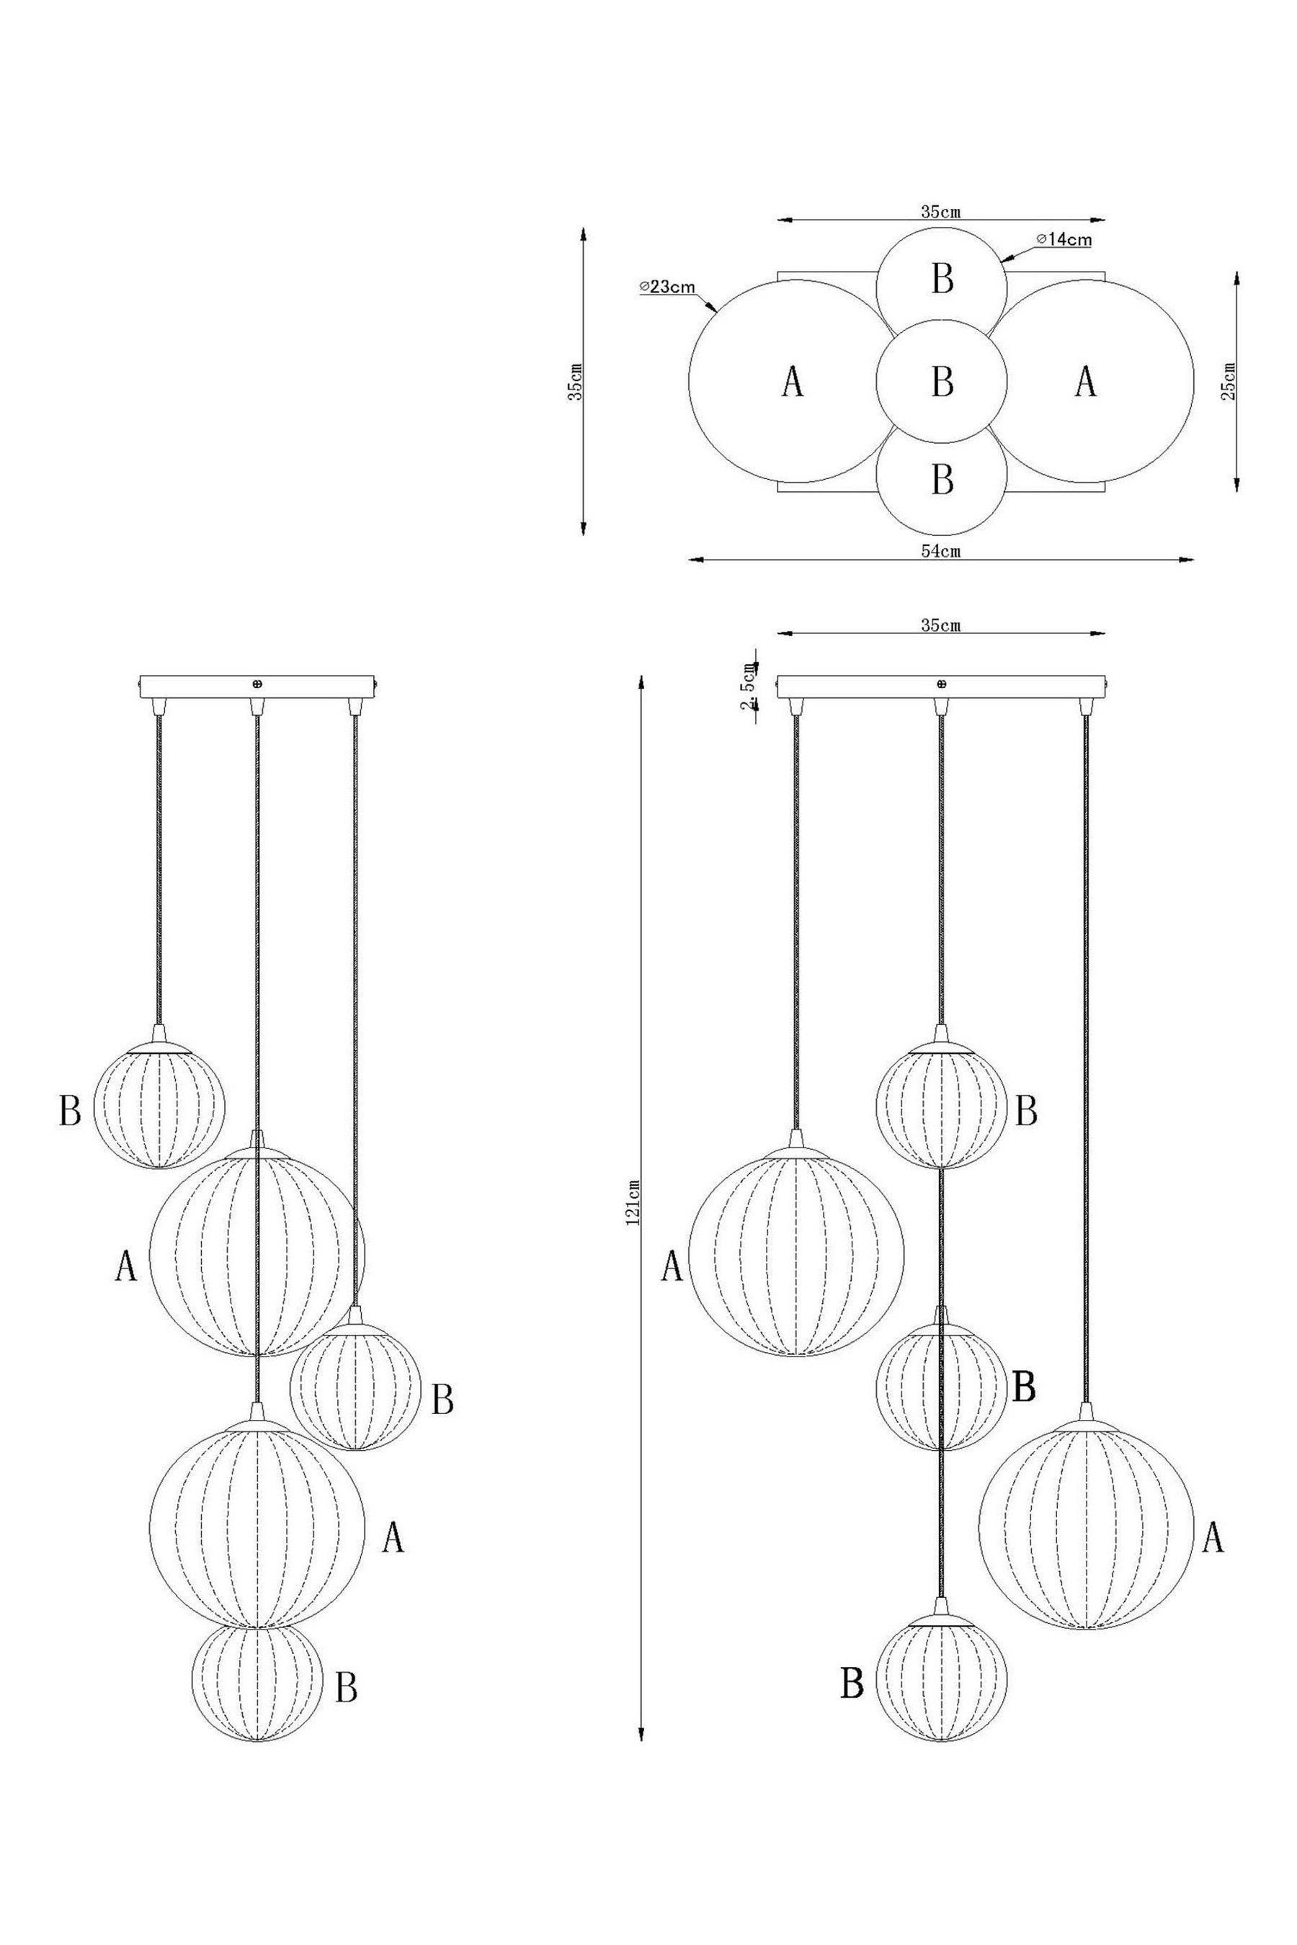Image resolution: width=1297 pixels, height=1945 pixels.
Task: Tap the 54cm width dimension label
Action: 940,552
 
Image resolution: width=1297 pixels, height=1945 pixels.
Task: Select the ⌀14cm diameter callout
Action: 1063,240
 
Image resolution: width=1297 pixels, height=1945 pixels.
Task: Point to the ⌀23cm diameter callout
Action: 667,287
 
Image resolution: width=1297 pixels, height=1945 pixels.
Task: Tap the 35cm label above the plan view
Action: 940,211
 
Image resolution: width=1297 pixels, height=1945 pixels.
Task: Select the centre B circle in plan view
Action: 941,381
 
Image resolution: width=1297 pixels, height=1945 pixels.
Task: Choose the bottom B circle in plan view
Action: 941,480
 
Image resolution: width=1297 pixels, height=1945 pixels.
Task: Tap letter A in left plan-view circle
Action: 792,382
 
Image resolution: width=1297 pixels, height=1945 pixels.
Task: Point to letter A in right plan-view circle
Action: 1085,382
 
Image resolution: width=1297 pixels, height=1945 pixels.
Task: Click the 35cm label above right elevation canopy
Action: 940,625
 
